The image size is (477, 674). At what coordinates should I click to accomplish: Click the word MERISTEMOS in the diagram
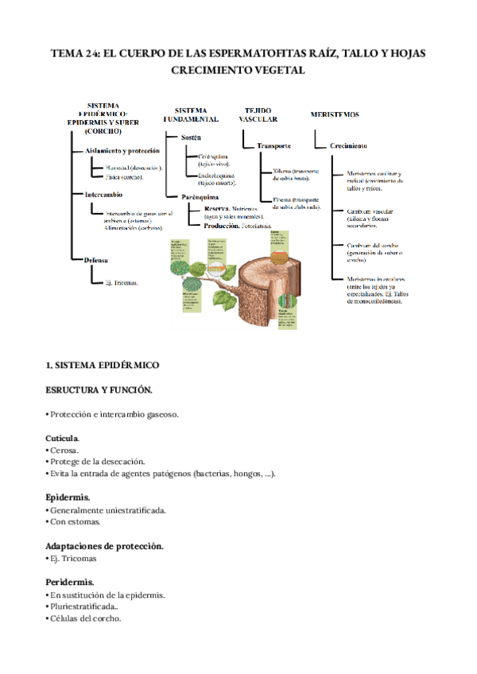tap(335, 114)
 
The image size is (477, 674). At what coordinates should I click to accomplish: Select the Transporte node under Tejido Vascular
tap(273, 145)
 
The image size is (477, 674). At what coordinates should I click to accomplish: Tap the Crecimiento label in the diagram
tap(348, 145)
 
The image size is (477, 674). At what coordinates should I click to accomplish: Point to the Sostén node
tap(191, 138)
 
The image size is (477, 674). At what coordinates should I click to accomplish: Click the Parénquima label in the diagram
tap(200, 196)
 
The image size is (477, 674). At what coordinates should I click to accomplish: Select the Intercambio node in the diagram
tap(103, 194)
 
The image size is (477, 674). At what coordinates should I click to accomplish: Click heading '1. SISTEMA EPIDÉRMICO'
tap(103, 365)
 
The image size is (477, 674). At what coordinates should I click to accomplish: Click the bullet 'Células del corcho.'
tap(84, 619)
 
